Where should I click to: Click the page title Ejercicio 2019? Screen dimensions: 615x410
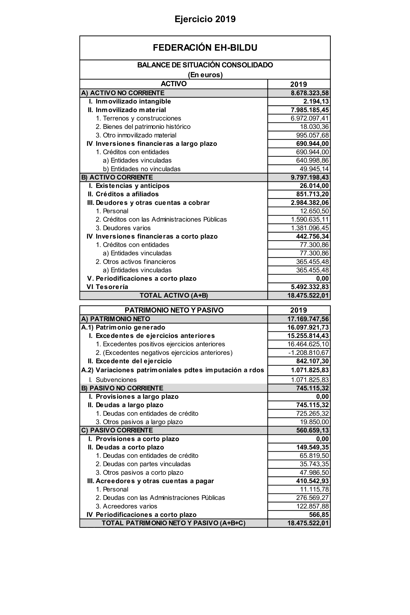(205, 19)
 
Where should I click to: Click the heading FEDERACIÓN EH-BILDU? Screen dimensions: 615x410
(205, 48)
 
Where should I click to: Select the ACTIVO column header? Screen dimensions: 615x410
(174, 84)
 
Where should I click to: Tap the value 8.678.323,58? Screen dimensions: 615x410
(310, 93)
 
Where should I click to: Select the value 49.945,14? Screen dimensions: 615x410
(314, 169)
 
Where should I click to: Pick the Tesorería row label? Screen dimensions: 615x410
(112, 287)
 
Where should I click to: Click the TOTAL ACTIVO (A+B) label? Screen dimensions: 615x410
(174, 295)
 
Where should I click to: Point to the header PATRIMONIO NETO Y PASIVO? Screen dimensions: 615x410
(174, 310)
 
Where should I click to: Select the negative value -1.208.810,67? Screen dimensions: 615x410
(308, 353)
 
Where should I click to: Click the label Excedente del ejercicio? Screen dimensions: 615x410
(134, 361)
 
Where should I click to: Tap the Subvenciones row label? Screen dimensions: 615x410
(116, 380)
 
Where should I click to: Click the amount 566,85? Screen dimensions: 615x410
(319, 515)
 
